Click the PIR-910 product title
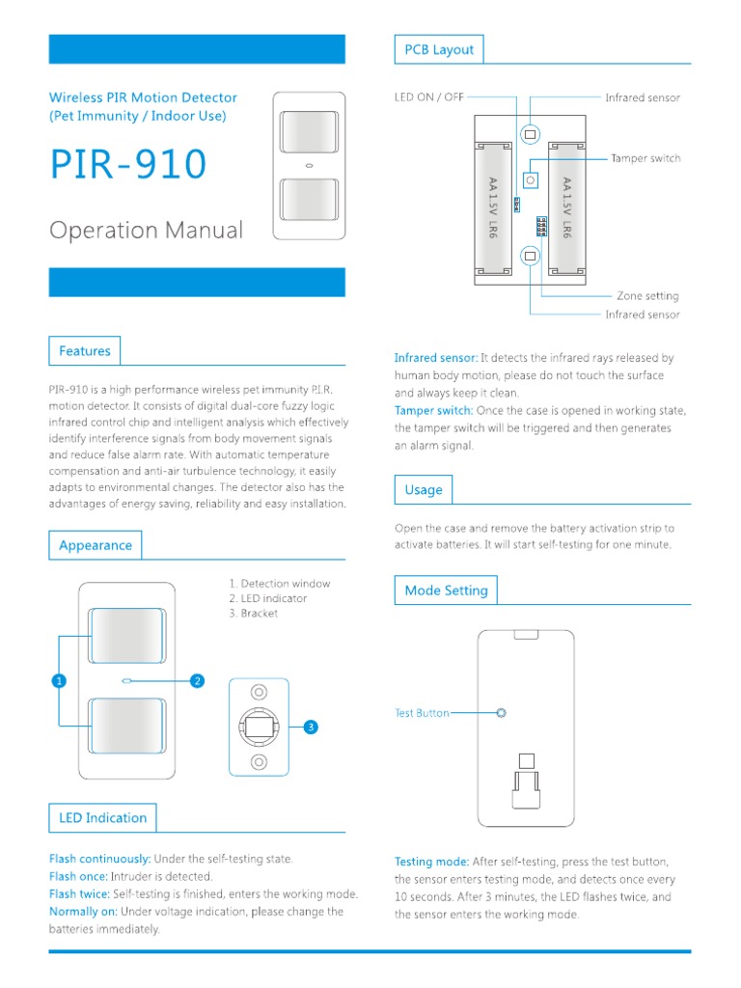click(x=128, y=164)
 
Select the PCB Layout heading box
click(x=439, y=50)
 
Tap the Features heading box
click(x=85, y=351)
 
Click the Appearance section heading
click(x=95, y=545)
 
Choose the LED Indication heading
click(x=102, y=818)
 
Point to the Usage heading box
click(x=424, y=490)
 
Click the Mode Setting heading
click(x=446, y=590)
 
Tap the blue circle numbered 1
click(x=58, y=681)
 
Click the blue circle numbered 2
click(x=197, y=681)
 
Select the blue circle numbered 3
click(x=311, y=727)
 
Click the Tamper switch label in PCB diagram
click(x=645, y=158)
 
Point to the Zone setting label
click(x=647, y=296)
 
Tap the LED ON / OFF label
click(x=429, y=97)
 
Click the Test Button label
click(x=422, y=713)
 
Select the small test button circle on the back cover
click(x=500, y=713)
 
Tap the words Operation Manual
click(x=147, y=231)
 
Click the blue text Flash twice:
click(x=80, y=894)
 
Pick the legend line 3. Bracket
click(x=254, y=614)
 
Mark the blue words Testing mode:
click(x=431, y=862)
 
